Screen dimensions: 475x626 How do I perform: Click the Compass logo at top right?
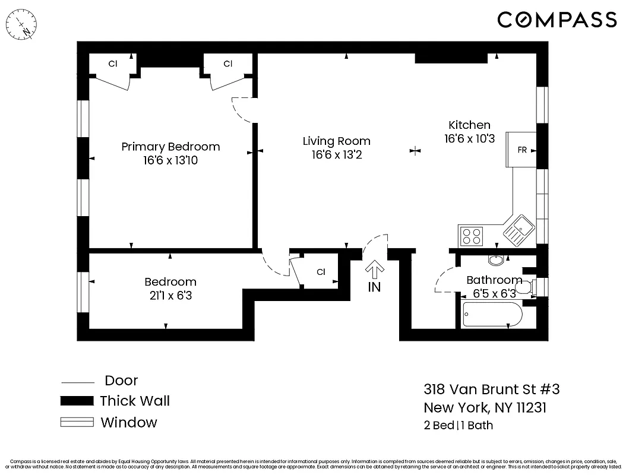557,20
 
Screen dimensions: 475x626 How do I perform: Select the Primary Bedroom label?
170,147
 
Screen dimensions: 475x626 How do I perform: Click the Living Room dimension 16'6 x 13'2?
336,155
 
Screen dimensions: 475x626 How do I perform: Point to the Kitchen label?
469,125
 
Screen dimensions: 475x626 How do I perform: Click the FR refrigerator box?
521,150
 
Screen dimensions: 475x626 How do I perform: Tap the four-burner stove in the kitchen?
472,236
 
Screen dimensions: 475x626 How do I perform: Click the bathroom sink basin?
495,259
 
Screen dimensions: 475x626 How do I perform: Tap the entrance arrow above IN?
374,270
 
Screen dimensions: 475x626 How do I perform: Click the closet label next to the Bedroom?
321,272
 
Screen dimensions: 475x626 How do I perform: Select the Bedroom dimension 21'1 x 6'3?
170,295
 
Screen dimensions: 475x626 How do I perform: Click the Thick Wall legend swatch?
77,401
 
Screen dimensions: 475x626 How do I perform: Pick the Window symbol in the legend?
77,423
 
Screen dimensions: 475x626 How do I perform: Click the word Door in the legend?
121,381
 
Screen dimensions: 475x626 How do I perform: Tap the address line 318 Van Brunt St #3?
491,389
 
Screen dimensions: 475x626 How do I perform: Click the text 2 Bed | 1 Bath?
458,425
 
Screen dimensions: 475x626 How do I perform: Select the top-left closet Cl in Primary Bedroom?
112,64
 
